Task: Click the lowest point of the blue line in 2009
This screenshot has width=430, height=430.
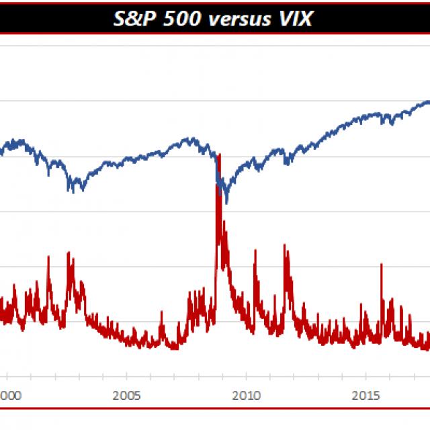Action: pos(226,202)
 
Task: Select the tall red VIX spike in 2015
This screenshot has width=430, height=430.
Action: pos(382,264)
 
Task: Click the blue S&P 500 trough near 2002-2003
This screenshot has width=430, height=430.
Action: pos(71,191)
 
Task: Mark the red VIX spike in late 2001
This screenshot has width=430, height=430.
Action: pos(48,257)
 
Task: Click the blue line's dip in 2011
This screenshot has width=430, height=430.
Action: pos(287,164)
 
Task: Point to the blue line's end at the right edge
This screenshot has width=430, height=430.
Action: pos(428,102)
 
